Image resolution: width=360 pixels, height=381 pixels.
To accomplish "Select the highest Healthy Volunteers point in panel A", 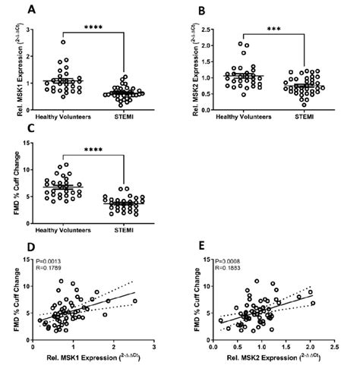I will (65, 42).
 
